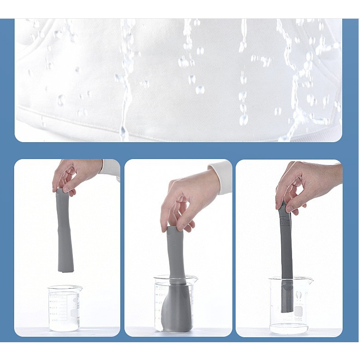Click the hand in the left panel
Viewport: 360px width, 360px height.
click(x=75, y=174)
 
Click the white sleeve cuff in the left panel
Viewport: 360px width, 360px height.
click(x=111, y=169)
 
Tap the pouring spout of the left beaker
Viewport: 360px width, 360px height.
click(x=80, y=288)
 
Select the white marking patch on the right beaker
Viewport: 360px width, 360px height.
click(x=298, y=311)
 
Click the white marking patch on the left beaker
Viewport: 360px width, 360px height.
click(x=74, y=313)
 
